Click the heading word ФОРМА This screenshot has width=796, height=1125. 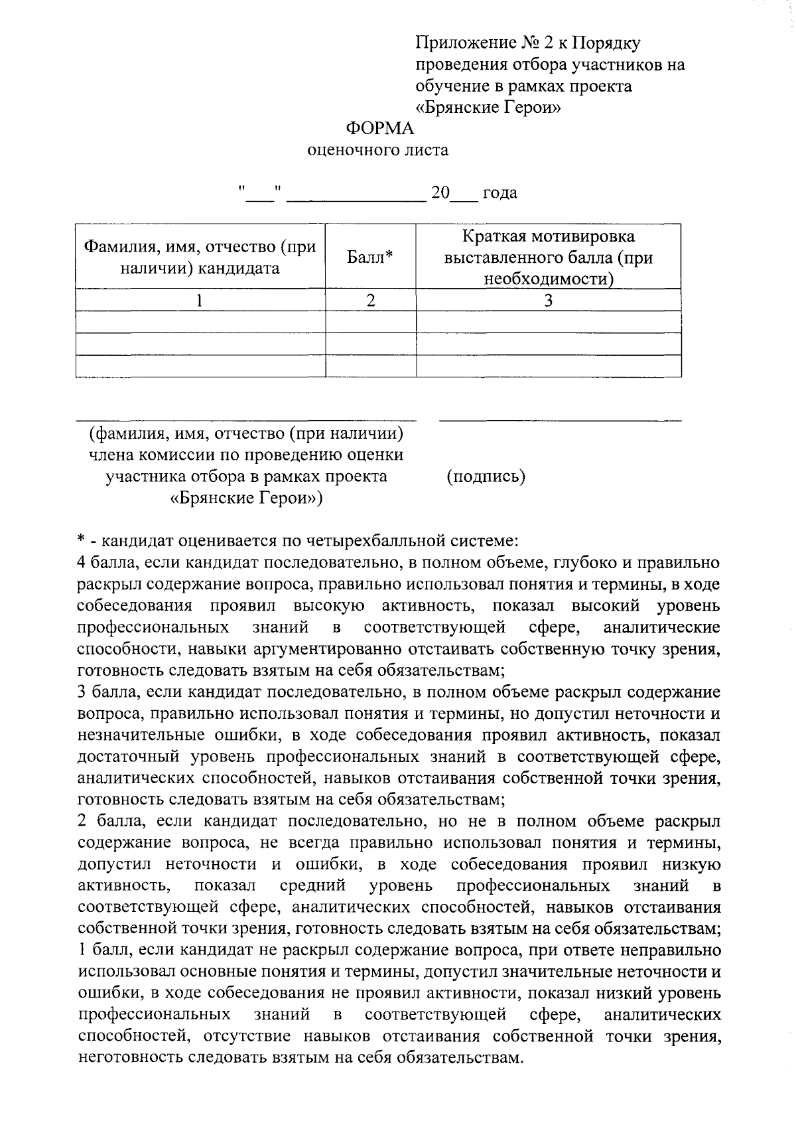pos(380,129)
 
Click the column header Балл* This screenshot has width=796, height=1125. pos(370,258)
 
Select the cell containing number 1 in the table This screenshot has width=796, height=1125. pos(200,301)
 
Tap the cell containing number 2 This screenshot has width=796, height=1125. pos(371,301)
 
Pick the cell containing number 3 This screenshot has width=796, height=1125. pos(548,301)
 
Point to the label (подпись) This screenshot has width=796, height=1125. pos(486,477)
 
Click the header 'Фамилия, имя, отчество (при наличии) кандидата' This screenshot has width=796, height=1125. pos(200,258)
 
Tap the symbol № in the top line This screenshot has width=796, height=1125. pos(529,44)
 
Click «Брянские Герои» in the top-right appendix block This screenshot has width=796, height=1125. pos(488,108)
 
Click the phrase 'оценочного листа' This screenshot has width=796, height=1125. pos(378,150)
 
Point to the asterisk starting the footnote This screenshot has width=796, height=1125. pos(80,540)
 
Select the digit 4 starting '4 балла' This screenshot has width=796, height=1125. pos(81,563)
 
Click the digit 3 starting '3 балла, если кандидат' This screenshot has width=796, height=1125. pos(81,692)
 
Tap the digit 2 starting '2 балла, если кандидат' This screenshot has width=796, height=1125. pos(81,822)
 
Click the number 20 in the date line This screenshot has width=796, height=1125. pos(440,193)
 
